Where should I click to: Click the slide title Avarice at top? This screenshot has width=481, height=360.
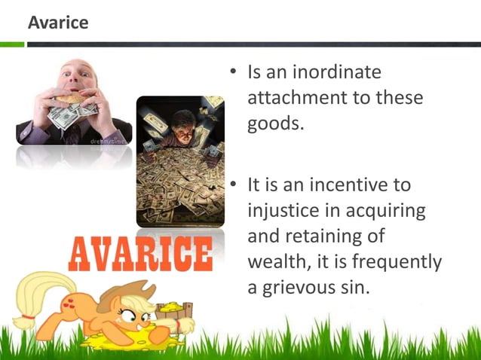pos(58,23)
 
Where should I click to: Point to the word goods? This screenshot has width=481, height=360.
pos(276,124)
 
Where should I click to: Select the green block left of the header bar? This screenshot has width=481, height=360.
pos(12,44)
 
